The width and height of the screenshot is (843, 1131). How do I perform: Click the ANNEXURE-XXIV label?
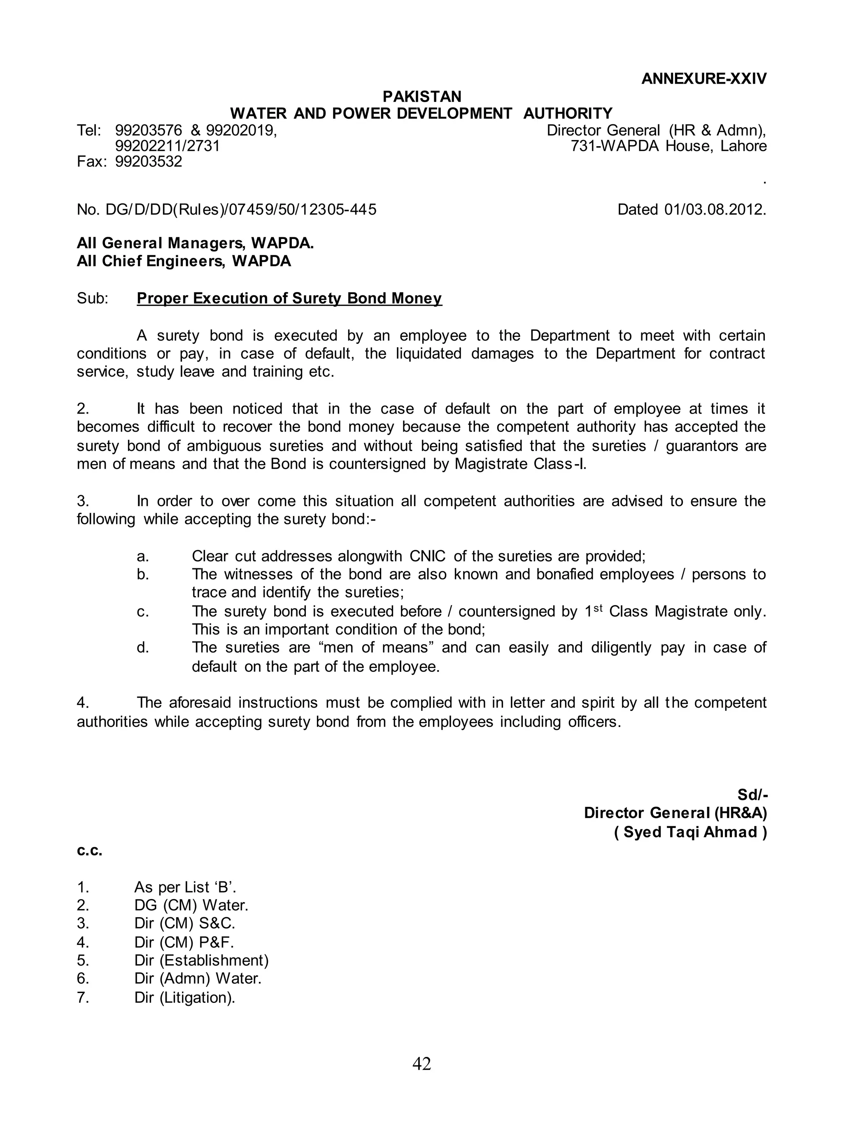(704, 79)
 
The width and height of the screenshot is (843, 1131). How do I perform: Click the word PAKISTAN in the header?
(421, 96)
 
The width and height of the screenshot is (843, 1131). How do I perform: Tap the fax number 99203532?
(149, 162)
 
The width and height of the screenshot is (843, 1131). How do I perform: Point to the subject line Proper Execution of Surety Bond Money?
(289, 298)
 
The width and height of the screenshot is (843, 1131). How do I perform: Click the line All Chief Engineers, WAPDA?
(184, 262)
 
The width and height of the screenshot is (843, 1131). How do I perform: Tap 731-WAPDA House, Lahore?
(668, 147)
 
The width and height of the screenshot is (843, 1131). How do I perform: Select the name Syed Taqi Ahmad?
(690, 832)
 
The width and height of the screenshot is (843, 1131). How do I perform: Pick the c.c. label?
(90, 851)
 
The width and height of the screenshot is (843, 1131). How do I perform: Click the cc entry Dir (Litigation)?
(185, 998)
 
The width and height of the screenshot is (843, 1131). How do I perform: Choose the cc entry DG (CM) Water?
(191, 906)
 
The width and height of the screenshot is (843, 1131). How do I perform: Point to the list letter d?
(142, 648)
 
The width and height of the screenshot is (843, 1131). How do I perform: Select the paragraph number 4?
(83, 703)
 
